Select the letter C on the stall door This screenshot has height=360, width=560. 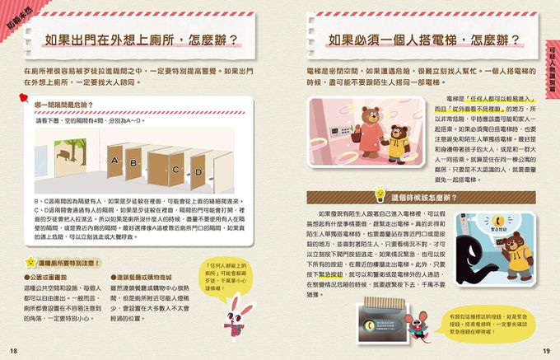click(x=175, y=170)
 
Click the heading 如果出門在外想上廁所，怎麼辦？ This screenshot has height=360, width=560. click(x=141, y=40)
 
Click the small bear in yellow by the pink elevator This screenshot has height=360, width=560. click(x=399, y=143)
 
